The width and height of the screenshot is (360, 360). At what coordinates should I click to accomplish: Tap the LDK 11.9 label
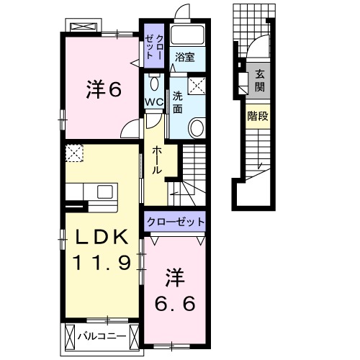[x=100, y=249]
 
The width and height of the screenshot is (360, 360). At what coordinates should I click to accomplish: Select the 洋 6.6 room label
[x=175, y=287]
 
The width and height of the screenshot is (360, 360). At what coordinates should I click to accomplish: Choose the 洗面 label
[x=177, y=102]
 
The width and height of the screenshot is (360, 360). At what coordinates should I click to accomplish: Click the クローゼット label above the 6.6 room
[x=175, y=222]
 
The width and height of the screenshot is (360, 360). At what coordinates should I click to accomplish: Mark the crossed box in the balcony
[x=71, y=336]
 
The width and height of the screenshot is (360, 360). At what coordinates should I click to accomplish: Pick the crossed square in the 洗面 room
[x=197, y=85]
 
